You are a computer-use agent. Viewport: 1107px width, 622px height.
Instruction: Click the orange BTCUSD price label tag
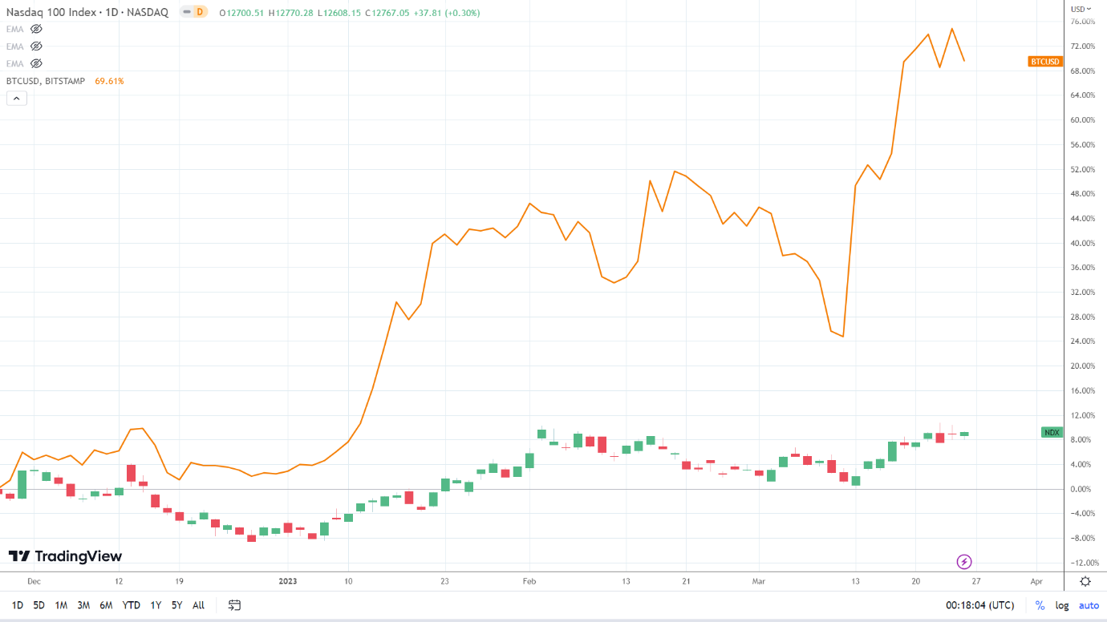tap(1044, 62)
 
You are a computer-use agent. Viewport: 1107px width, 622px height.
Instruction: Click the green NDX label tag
tap(1052, 433)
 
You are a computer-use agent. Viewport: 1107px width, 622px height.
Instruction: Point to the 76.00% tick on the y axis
tap(1083, 22)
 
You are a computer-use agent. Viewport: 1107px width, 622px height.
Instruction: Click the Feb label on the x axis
tap(529, 580)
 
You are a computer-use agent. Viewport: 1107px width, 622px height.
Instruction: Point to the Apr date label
tap(1036, 580)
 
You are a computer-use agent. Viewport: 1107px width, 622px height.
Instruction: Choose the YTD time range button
tap(131, 605)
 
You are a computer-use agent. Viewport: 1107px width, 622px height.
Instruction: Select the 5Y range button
tap(176, 605)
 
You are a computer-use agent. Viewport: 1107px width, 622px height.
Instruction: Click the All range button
tap(198, 605)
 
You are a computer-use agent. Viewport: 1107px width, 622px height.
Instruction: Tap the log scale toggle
tap(1062, 605)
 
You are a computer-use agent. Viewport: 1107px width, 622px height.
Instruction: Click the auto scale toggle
tap(1089, 605)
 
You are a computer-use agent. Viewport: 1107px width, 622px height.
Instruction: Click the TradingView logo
tap(65, 556)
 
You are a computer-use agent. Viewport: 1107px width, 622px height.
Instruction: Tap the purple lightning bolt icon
tap(965, 562)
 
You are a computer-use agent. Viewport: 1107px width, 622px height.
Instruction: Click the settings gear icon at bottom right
tap(1085, 581)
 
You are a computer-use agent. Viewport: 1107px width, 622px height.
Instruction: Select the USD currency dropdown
tap(1082, 9)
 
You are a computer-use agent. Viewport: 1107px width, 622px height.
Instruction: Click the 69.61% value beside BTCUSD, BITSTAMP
tap(109, 81)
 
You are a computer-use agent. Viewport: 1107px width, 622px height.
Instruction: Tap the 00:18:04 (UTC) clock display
tap(979, 605)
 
